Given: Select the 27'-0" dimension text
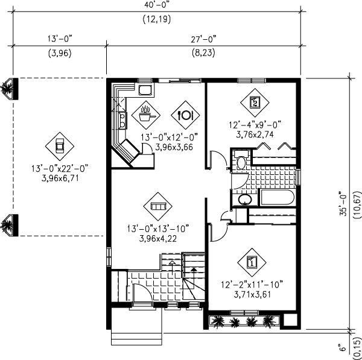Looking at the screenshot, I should pos(205,39).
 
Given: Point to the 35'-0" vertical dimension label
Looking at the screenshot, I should pos(343,203).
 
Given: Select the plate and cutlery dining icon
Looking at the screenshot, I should pos(185,113).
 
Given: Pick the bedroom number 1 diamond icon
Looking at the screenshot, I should pos(252,262).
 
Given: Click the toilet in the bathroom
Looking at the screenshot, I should pos(240,162).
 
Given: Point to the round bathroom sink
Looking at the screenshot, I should pos(245,200).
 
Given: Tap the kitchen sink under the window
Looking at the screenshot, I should pos(145,91).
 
